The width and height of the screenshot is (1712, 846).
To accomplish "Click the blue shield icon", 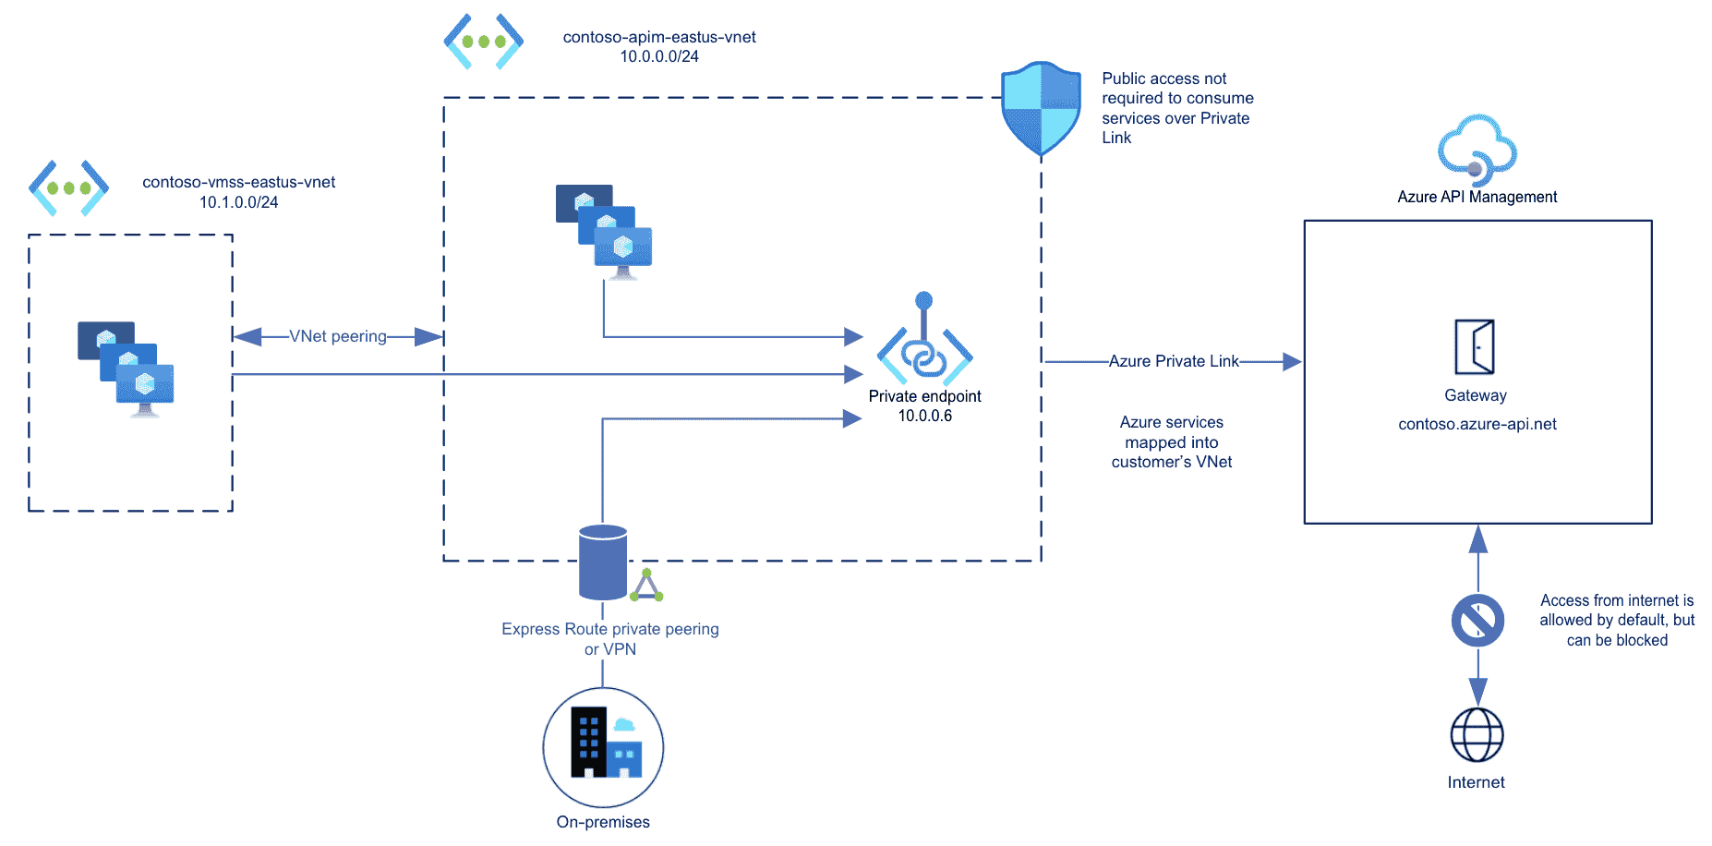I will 1041,109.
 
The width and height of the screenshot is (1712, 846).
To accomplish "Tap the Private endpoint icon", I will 924,350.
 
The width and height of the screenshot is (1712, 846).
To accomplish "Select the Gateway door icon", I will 1475,347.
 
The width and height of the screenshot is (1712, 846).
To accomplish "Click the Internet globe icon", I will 1477,735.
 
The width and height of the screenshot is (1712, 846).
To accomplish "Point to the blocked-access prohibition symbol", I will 1477,620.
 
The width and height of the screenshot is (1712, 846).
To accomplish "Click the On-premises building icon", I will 603,746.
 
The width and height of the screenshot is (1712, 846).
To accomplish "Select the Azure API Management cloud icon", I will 1477,150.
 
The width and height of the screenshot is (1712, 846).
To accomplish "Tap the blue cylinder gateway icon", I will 603,562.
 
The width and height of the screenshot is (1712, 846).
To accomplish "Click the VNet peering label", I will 338,336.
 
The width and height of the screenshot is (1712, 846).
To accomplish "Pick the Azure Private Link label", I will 1173,361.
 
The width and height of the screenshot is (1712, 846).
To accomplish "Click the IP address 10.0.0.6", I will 924,416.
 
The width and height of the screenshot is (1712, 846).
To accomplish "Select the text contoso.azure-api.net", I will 1477,424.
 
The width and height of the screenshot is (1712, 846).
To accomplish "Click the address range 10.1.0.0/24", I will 238,202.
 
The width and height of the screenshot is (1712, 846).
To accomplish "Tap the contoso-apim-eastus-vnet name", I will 659,37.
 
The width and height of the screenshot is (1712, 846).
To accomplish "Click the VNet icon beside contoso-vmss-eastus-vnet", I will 68,187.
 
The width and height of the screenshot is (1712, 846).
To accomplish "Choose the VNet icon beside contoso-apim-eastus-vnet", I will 483,42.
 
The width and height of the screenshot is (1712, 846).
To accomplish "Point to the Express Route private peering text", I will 609,629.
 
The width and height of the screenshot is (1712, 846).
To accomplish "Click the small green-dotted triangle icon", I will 646,586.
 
